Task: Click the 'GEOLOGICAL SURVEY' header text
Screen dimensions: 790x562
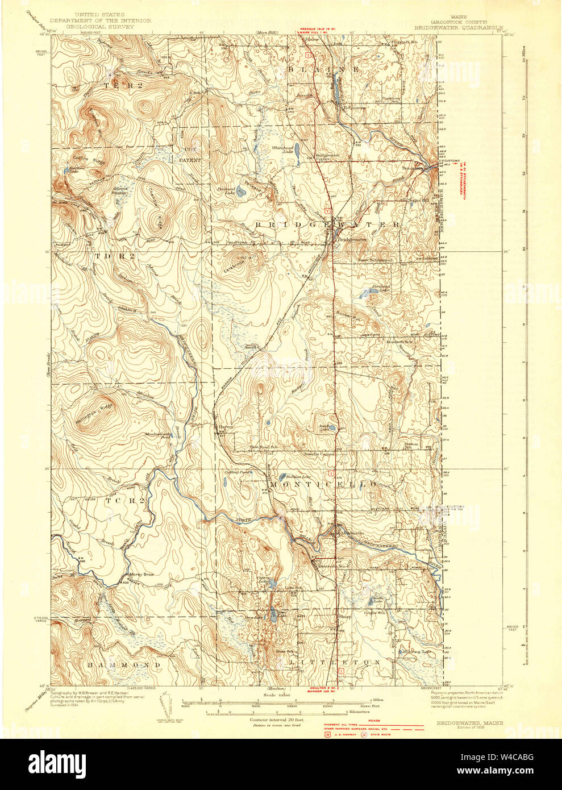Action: point(101,26)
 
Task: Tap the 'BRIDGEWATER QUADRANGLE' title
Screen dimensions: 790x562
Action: point(458,26)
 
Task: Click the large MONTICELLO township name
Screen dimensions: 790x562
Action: point(323,484)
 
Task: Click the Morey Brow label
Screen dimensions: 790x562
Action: point(141,575)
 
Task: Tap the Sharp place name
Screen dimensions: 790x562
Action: point(344,616)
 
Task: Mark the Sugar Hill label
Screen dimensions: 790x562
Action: point(417,200)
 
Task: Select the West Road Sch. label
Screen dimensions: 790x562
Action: point(264,447)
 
